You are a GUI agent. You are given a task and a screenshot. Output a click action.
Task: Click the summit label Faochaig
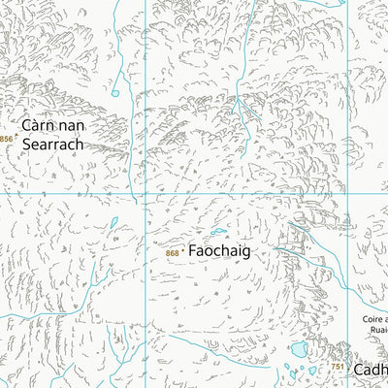point(218,251)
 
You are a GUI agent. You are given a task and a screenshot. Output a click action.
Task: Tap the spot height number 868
point(172,253)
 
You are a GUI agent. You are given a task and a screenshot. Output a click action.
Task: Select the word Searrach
point(53,144)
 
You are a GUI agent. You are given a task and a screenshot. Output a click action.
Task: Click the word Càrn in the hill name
point(39,125)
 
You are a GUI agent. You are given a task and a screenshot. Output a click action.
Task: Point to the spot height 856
point(7,140)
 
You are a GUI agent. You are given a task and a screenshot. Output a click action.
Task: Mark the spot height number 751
point(337,367)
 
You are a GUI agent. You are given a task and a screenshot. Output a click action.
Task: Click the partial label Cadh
point(371,370)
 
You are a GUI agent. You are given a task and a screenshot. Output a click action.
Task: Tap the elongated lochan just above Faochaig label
point(219,232)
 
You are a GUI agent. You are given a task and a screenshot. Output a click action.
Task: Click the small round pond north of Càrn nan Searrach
point(114,94)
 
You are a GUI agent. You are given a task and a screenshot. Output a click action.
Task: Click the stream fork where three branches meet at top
point(249,109)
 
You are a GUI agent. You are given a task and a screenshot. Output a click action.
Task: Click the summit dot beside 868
point(183,252)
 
